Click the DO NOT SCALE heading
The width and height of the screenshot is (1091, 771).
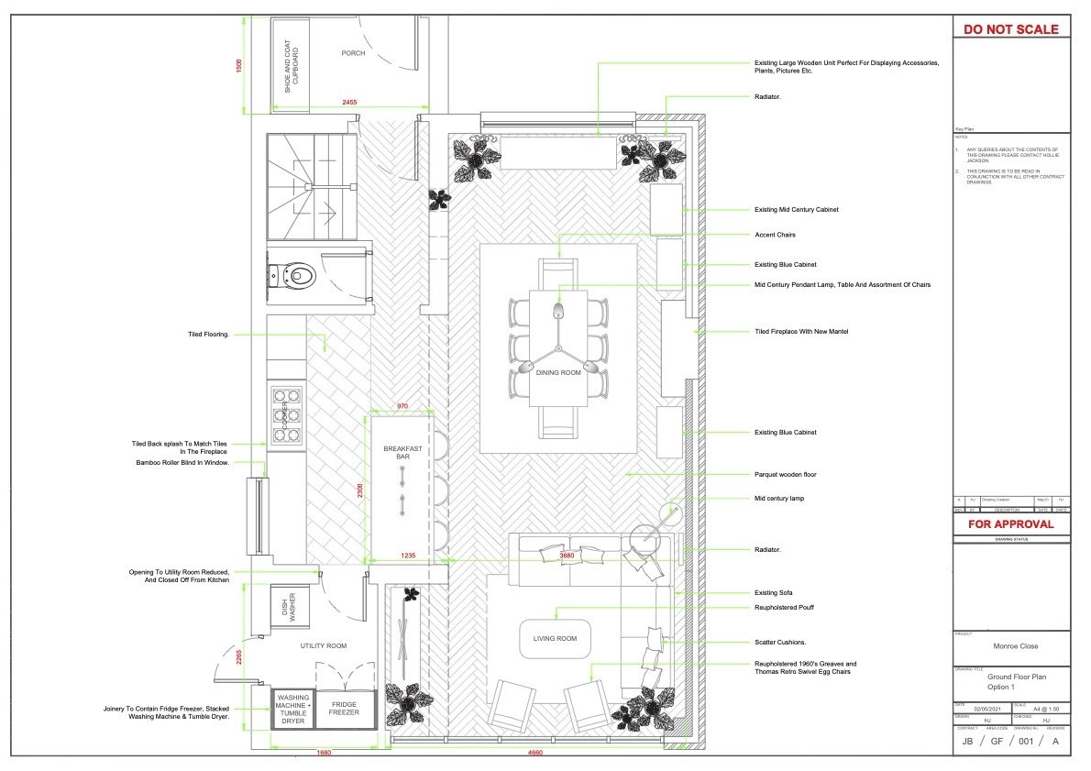pos(1011,29)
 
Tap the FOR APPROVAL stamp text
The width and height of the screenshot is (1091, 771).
pos(1011,524)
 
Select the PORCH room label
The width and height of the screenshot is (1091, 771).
pos(353,53)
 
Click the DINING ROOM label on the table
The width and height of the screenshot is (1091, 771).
pos(558,373)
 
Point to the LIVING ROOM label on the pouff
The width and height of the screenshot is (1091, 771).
pos(555,638)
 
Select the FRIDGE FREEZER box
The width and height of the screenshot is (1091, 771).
pos(345,707)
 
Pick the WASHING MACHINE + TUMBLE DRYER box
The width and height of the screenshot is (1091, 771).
pos(293,707)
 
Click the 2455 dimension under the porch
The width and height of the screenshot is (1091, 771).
pos(349,103)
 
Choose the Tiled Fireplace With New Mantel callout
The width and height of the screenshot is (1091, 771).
pos(801,331)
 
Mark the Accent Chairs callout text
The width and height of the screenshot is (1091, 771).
pos(775,235)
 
